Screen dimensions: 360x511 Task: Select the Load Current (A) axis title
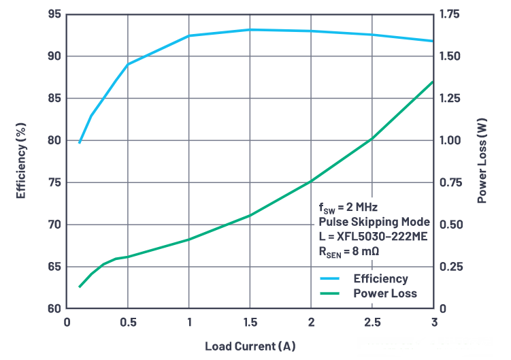[250, 346]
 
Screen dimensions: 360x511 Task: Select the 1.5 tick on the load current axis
[250, 321]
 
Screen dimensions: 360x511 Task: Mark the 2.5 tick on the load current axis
[372, 321]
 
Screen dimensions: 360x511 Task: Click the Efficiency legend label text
[380, 278]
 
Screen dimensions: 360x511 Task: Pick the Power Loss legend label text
[385, 293]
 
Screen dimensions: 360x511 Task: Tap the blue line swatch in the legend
[330, 278]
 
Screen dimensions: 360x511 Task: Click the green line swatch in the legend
[330, 293]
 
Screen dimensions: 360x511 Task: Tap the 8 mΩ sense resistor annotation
[348, 251]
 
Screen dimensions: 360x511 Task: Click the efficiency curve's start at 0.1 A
[80, 142]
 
